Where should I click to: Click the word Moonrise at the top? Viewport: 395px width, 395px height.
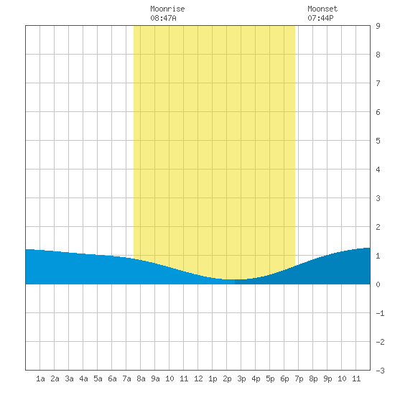[x=167, y=9]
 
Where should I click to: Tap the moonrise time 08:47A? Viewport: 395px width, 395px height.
[x=163, y=18]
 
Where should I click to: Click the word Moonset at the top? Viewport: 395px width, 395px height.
[x=322, y=9]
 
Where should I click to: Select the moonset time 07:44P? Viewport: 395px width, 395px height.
[x=320, y=18]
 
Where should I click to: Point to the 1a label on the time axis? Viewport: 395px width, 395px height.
[x=40, y=378]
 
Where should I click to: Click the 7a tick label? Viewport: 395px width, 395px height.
[x=126, y=378]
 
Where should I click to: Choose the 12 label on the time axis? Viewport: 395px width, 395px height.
[x=198, y=378]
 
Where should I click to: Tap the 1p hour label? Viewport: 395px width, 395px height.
[x=213, y=379]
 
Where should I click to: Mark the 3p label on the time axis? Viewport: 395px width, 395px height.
[x=241, y=379]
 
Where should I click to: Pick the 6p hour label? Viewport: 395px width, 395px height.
[x=284, y=379]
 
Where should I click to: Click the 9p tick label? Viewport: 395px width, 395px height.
[x=327, y=379]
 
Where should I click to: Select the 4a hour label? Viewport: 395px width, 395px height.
[x=83, y=378]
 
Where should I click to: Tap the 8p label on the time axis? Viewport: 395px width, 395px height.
[x=313, y=379]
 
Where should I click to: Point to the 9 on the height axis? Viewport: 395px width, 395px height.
[x=378, y=26]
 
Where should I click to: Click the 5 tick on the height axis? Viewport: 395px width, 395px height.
[x=378, y=141]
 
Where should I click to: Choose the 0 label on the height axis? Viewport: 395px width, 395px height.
[x=378, y=284]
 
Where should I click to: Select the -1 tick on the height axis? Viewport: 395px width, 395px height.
[x=380, y=313]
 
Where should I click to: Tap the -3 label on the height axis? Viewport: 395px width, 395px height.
[x=380, y=371]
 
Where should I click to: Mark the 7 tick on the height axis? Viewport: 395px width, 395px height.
[x=378, y=83]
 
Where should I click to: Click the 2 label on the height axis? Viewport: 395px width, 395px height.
[x=378, y=227]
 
